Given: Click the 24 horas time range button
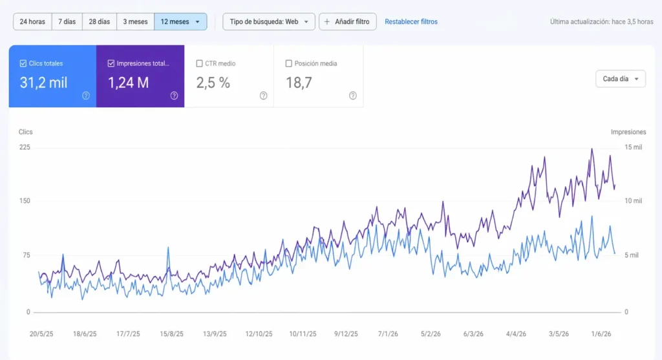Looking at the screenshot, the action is pyautogui.click(x=32, y=21).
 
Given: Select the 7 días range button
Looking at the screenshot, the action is pyautogui.click(x=67, y=21).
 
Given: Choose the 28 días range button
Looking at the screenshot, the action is pyautogui.click(x=99, y=21).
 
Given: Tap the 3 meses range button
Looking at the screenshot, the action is pyautogui.click(x=135, y=21).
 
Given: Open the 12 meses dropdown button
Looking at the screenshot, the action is pyautogui.click(x=180, y=21).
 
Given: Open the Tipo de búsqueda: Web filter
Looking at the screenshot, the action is pyautogui.click(x=269, y=21).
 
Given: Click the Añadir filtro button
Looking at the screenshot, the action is pyautogui.click(x=347, y=21).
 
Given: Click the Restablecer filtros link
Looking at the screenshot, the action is pyautogui.click(x=411, y=21).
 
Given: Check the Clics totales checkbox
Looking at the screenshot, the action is pyautogui.click(x=23, y=63).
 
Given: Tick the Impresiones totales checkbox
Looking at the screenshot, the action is pyautogui.click(x=111, y=63).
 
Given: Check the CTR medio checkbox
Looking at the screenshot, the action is pyautogui.click(x=199, y=63).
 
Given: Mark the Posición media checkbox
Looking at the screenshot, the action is pyautogui.click(x=289, y=63).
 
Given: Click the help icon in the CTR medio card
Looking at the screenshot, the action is pyautogui.click(x=264, y=96).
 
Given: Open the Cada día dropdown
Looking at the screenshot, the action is pyautogui.click(x=621, y=79).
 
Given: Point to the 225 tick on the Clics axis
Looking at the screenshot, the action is pyautogui.click(x=25, y=147).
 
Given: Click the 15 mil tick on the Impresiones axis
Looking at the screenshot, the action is pyautogui.click(x=634, y=147).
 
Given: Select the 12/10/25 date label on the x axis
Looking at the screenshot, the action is pyautogui.click(x=259, y=334).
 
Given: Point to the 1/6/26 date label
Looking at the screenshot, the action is pyautogui.click(x=601, y=334).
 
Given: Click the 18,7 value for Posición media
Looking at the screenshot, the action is pyautogui.click(x=299, y=83).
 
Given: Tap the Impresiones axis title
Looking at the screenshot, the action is pyautogui.click(x=628, y=132).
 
